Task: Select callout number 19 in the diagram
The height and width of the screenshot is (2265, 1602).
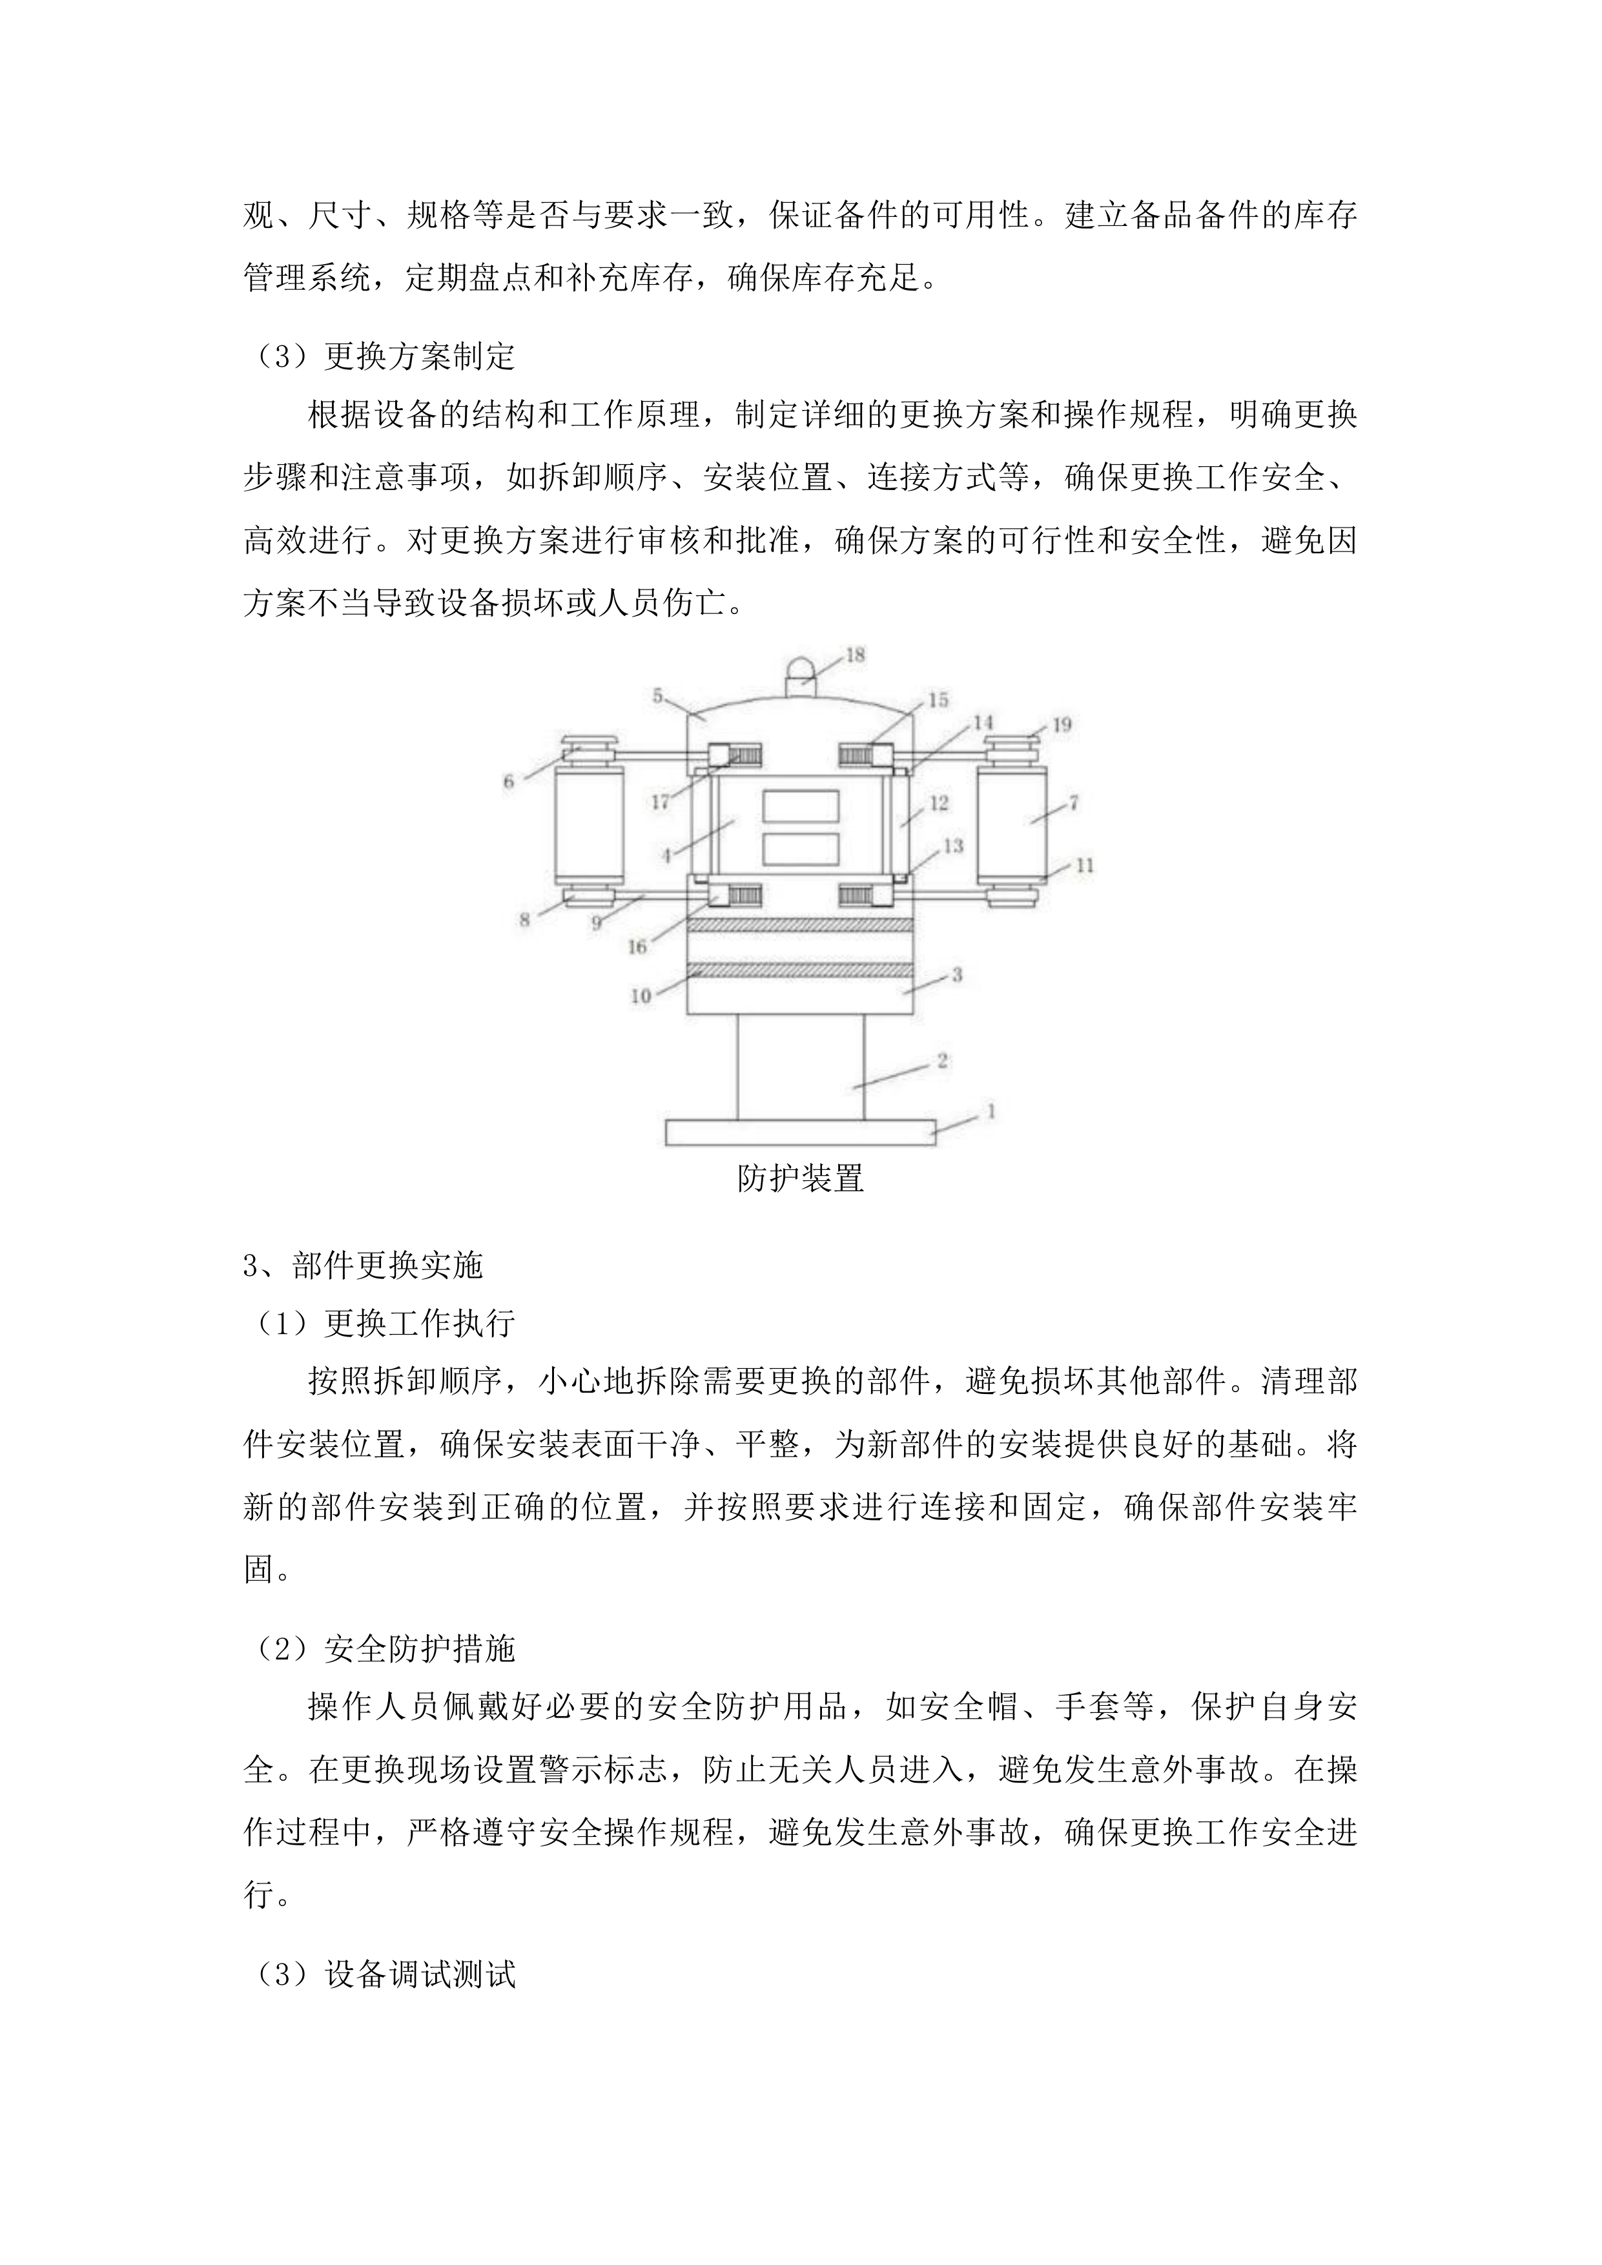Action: tap(1062, 725)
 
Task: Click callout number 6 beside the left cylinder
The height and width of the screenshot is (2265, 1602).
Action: tap(509, 781)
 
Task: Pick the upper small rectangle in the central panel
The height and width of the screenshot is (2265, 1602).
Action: tap(800, 805)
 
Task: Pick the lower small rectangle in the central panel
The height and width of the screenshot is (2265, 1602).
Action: tap(800, 848)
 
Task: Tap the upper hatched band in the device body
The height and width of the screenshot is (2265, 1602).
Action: tap(800, 925)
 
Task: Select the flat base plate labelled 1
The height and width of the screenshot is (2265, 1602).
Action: tap(800, 1131)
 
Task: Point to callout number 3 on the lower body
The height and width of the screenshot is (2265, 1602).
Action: tap(956, 976)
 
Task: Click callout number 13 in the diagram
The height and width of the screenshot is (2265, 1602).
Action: tap(953, 846)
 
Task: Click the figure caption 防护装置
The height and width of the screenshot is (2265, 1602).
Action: tap(800, 1178)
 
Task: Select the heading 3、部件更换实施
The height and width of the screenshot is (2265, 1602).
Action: tap(363, 1265)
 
